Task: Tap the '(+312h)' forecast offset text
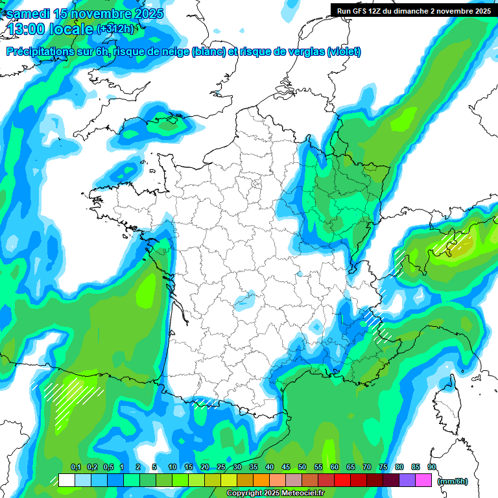click(115, 29)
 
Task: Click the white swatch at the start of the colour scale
click(66, 480)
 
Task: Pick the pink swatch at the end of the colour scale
click(423, 480)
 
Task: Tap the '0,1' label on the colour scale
click(75, 468)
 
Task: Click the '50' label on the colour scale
click(302, 468)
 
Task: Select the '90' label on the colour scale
click(432, 468)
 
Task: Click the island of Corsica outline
click(445, 399)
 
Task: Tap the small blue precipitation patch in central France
click(244, 301)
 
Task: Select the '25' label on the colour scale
click(221, 468)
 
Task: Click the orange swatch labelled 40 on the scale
click(261, 480)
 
